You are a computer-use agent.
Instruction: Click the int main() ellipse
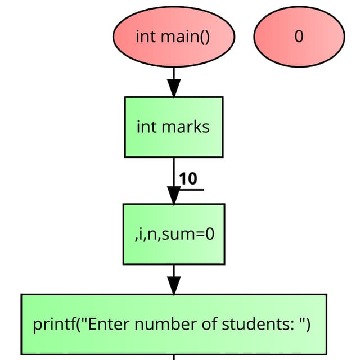173,37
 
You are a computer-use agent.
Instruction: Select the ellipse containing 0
299,37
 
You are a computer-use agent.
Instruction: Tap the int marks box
173,127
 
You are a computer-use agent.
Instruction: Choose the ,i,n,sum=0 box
174,233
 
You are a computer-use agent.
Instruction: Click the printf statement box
174,325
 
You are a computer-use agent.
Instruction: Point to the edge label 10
188,179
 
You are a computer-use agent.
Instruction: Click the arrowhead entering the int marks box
174,88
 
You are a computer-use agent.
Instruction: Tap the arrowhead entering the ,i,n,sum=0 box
174,195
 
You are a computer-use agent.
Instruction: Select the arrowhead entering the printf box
174,285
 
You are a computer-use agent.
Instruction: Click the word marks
185,127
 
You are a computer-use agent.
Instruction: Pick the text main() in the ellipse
185,37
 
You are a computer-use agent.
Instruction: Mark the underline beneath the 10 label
191,189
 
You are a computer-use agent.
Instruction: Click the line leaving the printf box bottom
174,357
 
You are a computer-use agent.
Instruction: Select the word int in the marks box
146,127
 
